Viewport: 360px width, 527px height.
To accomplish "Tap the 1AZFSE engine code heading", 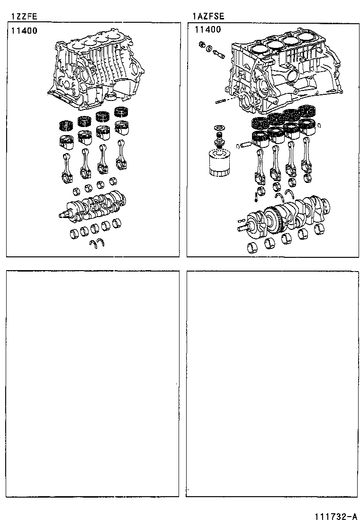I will point(208,16).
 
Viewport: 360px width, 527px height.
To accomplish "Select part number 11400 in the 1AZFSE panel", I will point(207,29).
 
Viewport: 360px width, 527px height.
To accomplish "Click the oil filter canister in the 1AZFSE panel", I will point(219,163).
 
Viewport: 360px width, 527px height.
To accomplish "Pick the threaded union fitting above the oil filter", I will point(219,139).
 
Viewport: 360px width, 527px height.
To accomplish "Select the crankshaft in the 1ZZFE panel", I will point(92,206).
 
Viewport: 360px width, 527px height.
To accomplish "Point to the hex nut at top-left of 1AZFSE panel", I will point(201,45).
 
